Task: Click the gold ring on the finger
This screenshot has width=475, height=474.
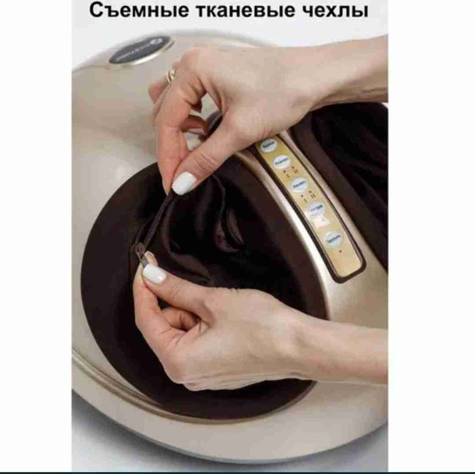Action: pos(172,74)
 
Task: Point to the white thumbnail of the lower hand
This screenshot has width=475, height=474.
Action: pos(154,273)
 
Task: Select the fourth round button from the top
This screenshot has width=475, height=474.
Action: pos(316,211)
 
